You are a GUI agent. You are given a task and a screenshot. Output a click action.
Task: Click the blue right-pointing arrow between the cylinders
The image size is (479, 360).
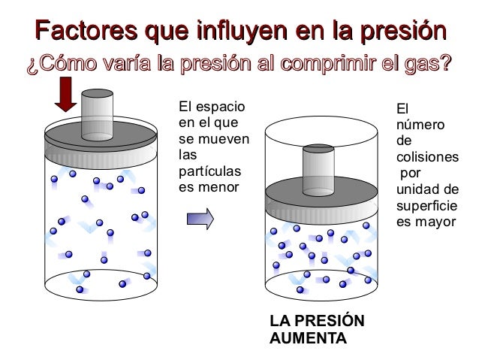tap(200, 219)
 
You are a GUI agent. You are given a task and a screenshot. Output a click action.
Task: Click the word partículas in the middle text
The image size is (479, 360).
tap(209, 171)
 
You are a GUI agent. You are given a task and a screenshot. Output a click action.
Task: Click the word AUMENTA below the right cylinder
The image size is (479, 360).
tap(308, 338)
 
